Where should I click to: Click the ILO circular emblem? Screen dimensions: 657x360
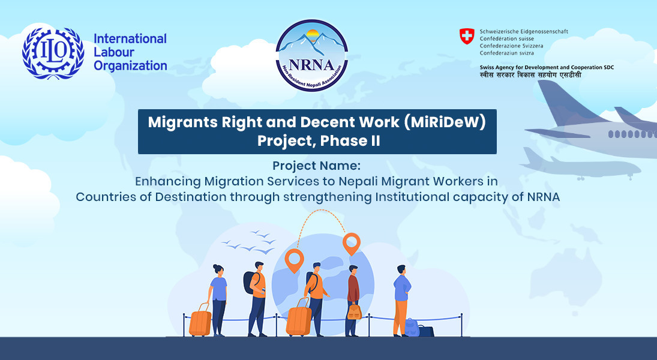pos(53,53)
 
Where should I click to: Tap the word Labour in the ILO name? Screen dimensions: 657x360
pos(114,52)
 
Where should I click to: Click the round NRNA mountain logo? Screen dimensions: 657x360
pos(312,55)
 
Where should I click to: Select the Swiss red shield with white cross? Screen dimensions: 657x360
pos(467,36)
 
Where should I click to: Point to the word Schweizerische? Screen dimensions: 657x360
pos(499,31)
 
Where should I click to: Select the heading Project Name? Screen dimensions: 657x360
pos(316,166)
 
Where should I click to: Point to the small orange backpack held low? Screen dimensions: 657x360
pos(354,311)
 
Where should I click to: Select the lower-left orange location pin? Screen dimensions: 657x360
pos(294,260)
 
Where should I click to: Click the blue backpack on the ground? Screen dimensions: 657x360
pos(412,327)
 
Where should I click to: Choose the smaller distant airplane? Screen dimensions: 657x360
pos(580,165)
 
